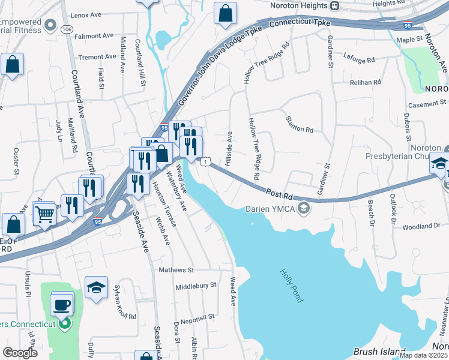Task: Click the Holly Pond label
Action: (x=291, y=285)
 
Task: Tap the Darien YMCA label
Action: (x=270, y=209)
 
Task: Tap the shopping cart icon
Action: (x=45, y=213)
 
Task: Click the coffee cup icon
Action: (x=62, y=305)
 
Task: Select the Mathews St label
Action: (x=176, y=271)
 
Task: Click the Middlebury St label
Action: (x=196, y=286)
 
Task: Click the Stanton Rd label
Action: (x=300, y=125)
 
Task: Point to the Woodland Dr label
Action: (x=421, y=227)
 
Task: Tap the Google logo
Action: (x=20, y=353)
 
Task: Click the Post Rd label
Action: (x=279, y=194)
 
